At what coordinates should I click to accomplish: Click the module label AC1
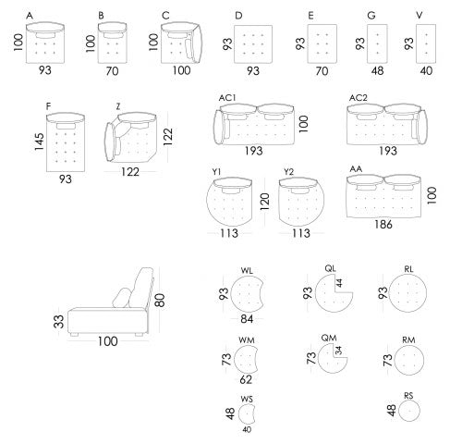[227, 98]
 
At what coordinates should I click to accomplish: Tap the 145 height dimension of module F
[39, 142]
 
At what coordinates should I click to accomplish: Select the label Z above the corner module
[118, 106]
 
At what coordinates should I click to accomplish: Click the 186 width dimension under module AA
[383, 224]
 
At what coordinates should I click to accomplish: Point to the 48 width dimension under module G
[377, 71]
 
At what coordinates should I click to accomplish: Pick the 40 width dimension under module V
[426, 71]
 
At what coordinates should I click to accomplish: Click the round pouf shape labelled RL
[408, 293]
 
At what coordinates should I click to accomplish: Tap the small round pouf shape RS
[409, 411]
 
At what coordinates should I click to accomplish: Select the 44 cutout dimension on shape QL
[339, 283]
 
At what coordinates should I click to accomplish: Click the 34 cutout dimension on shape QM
[338, 351]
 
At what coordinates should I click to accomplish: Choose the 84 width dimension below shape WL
[247, 319]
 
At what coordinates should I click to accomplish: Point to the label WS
[247, 399]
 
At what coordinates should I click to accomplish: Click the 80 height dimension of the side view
[160, 301]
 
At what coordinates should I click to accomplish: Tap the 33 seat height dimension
[58, 321]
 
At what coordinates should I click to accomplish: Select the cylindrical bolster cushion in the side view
[122, 298]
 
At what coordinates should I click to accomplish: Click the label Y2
[288, 172]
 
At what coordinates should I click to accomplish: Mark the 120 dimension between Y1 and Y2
[264, 202]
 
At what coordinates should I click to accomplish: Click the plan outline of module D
[253, 44]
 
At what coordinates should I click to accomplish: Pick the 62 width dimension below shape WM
[246, 379]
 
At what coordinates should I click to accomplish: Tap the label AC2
[359, 98]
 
